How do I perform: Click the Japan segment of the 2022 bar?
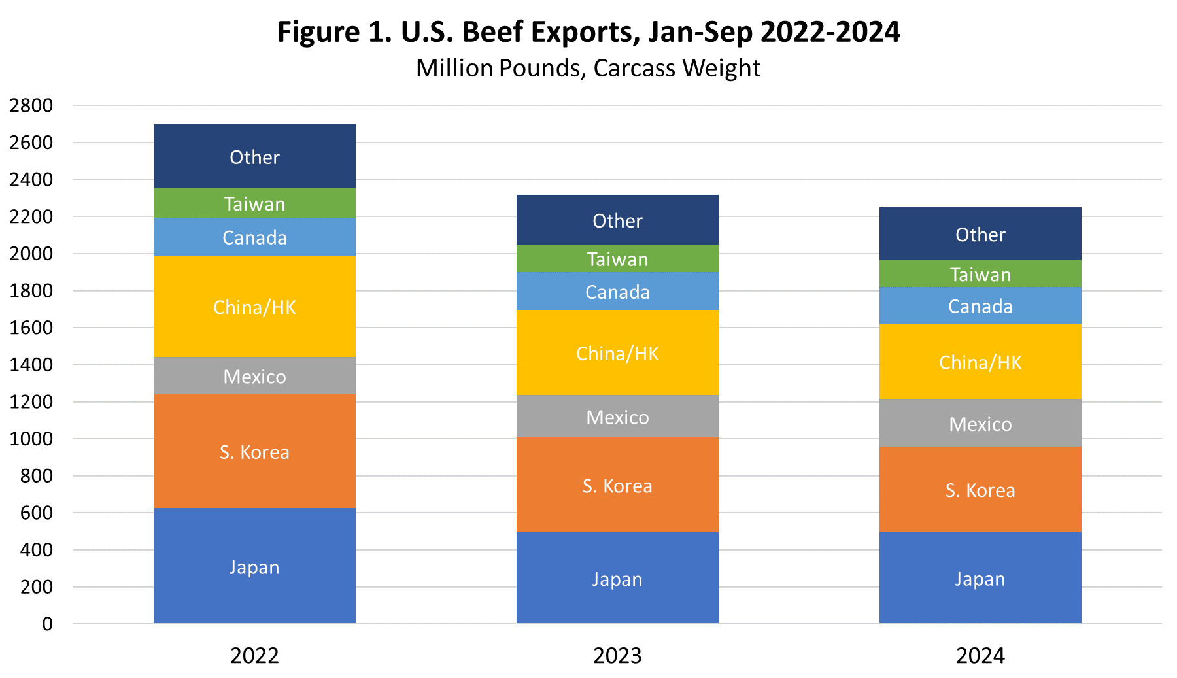(x=254, y=566)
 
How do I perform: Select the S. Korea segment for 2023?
(x=617, y=485)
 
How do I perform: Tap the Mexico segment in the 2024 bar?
(x=980, y=424)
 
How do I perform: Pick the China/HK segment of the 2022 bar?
(x=254, y=307)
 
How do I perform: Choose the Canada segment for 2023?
(x=617, y=292)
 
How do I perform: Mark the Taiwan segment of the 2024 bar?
(x=980, y=275)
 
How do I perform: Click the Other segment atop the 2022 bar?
(x=254, y=157)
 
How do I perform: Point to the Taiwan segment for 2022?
(x=254, y=204)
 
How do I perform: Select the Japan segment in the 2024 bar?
(x=980, y=578)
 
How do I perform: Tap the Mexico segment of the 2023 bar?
(x=617, y=416)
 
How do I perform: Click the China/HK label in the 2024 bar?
(x=980, y=362)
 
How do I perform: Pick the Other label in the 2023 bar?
(x=617, y=221)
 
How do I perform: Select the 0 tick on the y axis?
(x=47, y=624)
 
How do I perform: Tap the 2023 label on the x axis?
(x=617, y=655)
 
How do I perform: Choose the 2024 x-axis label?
(x=980, y=655)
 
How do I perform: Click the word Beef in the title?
(x=494, y=32)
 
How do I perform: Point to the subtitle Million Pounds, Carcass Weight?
(x=588, y=68)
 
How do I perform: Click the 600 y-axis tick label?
(x=37, y=513)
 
